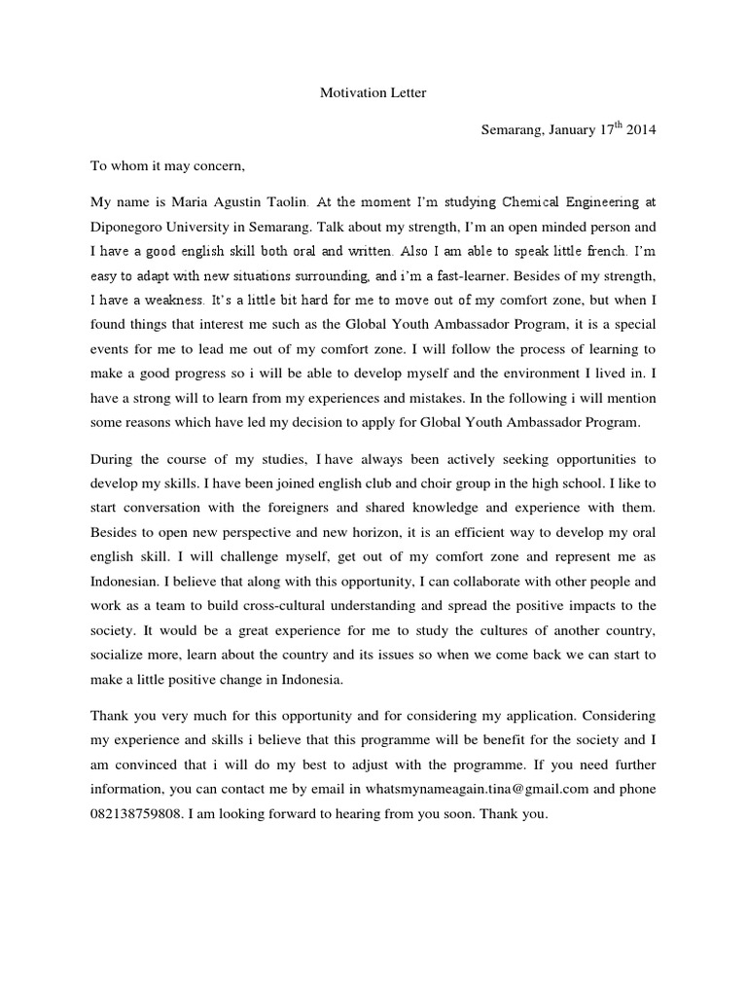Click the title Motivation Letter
373,93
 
